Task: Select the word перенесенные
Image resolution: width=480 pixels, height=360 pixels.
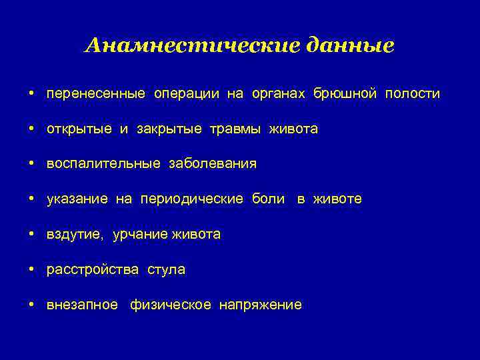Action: (x=95, y=94)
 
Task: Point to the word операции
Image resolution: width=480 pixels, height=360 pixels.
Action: (x=187, y=94)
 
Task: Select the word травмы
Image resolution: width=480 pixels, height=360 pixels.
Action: (x=237, y=129)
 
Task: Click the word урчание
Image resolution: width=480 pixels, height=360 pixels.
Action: (x=140, y=235)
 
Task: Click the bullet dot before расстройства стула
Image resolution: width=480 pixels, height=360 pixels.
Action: (x=32, y=269)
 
